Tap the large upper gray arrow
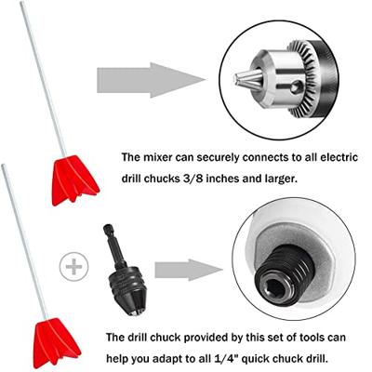(x=151, y=80)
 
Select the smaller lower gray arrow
(x=189, y=270)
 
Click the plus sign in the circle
(x=73, y=267)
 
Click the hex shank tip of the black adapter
(x=108, y=229)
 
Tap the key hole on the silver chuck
(x=296, y=86)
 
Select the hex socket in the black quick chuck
(x=275, y=289)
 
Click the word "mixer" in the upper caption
(x=157, y=157)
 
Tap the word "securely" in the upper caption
(x=218, y=158)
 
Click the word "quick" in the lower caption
(x=257, y=360)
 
